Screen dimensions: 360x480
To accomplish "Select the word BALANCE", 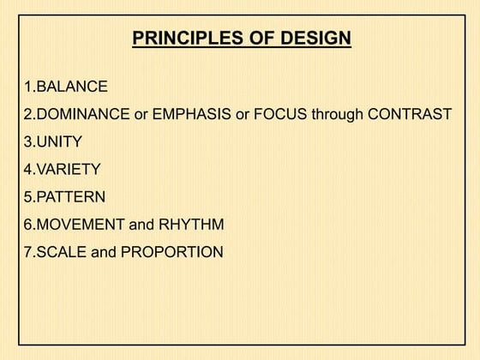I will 72,87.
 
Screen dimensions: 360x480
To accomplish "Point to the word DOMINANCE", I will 83,114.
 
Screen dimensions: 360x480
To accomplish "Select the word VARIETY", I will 68,170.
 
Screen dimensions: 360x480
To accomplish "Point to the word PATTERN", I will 70,197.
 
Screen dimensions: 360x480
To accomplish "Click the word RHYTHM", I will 191,225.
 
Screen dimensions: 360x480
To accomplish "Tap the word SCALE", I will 60,252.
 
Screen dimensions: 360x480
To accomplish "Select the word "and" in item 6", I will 141,225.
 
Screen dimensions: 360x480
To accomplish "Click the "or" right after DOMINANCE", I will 141,114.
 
